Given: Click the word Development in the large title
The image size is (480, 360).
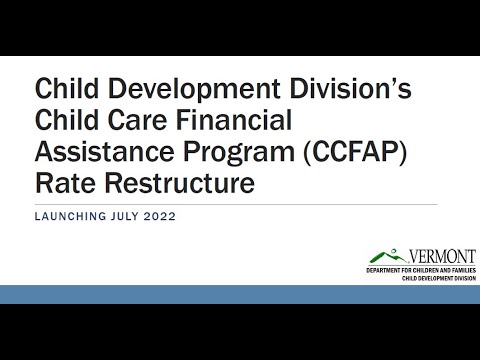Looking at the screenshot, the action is point(194,90).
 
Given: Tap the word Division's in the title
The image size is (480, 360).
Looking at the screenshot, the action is point(350,88).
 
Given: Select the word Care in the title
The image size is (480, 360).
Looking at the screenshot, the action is point(137,120).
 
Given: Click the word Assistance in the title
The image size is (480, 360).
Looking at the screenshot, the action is point(104,151).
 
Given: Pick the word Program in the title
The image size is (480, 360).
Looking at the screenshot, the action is point(239,153).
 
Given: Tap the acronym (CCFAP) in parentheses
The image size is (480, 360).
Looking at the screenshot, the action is point(355,152).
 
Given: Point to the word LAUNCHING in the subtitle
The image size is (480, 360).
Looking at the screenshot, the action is point(70,216).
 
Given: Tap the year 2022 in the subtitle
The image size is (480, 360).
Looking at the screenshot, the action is point(159,216).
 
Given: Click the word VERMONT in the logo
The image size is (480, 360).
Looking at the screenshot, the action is point(442,257).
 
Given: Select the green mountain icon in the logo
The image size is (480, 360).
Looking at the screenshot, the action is point(388,256).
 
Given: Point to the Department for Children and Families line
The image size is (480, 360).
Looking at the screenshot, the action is point(421,270).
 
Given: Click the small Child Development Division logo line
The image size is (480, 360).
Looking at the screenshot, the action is point(439,278).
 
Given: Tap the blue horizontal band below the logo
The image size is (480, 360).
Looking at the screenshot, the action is point(240,294).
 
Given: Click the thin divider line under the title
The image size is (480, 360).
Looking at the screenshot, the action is point(236,204).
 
